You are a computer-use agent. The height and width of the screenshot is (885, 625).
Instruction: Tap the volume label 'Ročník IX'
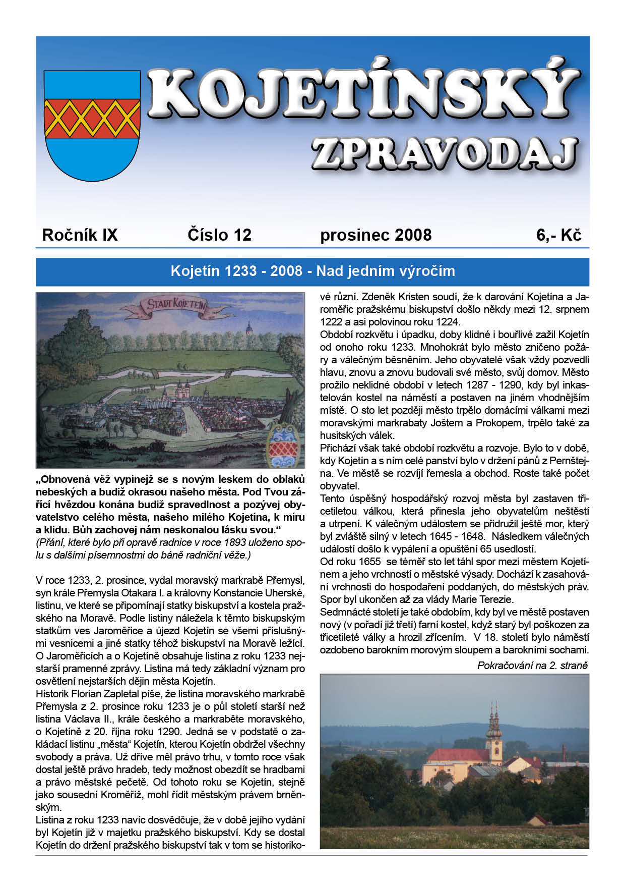tap(80, 235)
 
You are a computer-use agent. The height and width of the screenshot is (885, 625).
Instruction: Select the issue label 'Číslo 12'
tap(219, 235)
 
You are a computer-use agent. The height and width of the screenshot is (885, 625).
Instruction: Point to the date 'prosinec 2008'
tap(376, 235)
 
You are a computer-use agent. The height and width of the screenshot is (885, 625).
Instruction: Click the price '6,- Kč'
tap(558, 235)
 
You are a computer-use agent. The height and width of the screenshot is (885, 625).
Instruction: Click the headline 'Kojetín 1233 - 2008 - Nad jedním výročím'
tap(312, 271)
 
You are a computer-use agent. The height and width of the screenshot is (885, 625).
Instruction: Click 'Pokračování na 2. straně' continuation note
tap(532, 666)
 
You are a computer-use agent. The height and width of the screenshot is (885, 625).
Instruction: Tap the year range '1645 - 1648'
tap(458, 537)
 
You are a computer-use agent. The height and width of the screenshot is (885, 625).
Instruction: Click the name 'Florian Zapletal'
tap(100, 694)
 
